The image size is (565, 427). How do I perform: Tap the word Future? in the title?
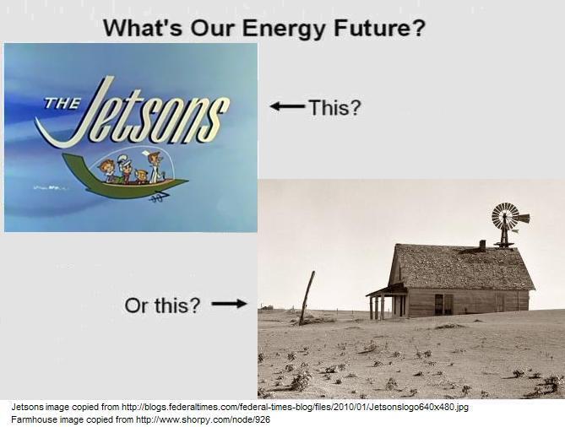pos(379,28)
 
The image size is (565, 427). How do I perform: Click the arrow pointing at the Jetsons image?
pos(288,106)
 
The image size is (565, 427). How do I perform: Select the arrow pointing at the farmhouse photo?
pos(229,304)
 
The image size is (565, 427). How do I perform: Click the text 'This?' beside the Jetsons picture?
pos(335,107)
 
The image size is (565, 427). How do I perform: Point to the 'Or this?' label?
pos(162,305)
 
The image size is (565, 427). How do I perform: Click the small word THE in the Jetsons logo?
pos(62,104)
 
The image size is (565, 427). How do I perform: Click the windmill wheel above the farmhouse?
pos(505,216)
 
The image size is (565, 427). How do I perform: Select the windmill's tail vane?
pos(524,219)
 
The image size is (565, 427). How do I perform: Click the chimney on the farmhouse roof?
pos(482,246)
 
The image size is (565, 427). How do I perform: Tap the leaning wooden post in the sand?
pos(307,298)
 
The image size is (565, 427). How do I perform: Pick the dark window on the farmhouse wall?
pos(439,305)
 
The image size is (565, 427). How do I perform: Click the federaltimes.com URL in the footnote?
pos(295,408)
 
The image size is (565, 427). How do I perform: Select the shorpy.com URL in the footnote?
pos(203,419)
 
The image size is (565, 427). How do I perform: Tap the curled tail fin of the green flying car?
pos(73,165)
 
